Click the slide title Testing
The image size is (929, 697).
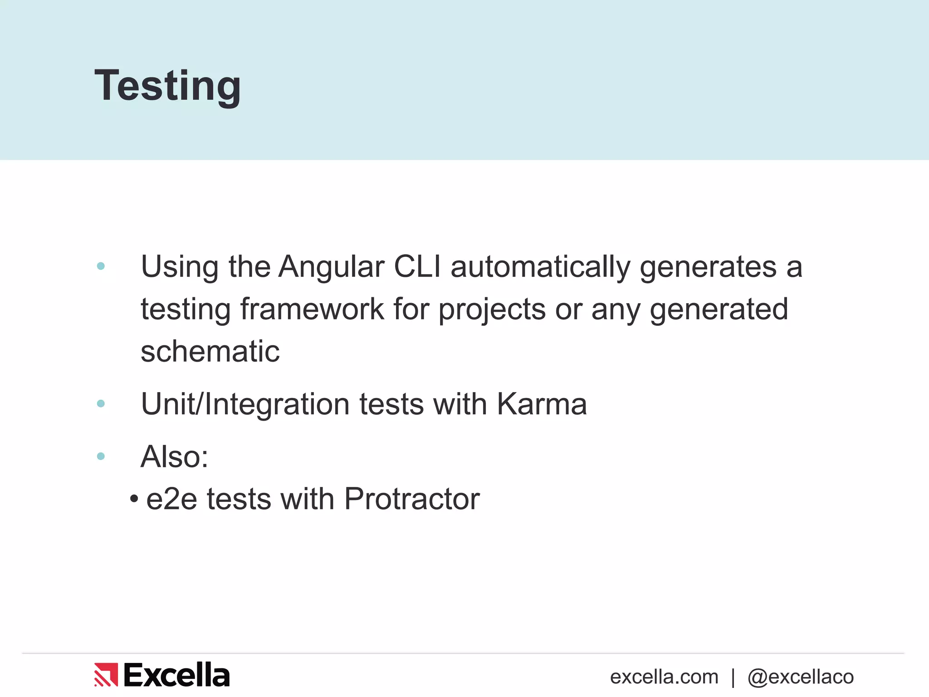click(x=167, y=86)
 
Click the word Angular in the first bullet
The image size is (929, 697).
click(x=331, y=267)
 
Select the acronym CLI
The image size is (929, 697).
click(x=417, y=267)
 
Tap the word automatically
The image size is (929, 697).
click(x=540, y=267)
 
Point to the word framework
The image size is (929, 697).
click(x=312, y=309)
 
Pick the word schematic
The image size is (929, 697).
click(x=210, y=351)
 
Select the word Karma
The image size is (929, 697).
click(x=542, y=404)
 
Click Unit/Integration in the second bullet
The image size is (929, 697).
click(x=245, y=405)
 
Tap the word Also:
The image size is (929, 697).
click(x=175, y=456)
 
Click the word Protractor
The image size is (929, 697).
click(x=412, y=499)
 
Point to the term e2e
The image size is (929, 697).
click(x=171, y=499)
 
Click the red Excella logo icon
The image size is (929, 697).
click(x=106, y=675)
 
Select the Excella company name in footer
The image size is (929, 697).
click(x=176, y=675)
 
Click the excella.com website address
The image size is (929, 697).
click(x=664, y=677)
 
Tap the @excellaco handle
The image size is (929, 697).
click(x=801, y=677)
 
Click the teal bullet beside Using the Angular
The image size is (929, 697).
click(x=101, y=266)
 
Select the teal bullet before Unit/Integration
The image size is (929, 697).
click(x=101, y=403)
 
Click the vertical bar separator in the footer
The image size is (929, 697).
click(x=733, y=677)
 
